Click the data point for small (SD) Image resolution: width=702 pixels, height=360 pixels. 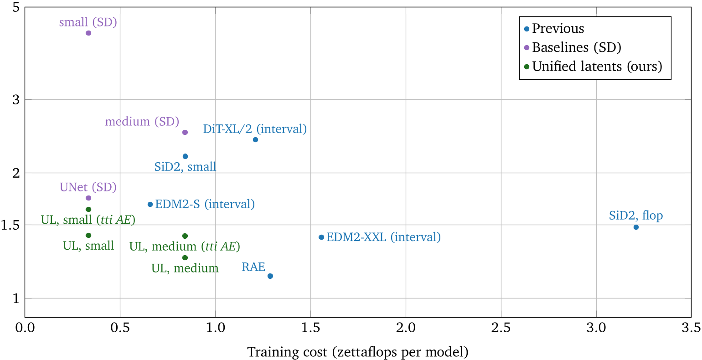pos(88,33)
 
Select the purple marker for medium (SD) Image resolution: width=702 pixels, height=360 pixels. pos(185,132)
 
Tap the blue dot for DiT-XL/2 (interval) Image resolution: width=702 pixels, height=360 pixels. pos(255,139)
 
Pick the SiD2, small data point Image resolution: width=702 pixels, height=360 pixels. pos(185,156)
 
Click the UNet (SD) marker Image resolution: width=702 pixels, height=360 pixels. pos(88,198)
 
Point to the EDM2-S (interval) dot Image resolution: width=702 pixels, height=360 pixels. pos(150,204)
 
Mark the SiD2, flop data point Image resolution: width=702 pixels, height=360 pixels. pos(636,227)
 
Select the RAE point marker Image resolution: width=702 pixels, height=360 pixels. pos(270,276)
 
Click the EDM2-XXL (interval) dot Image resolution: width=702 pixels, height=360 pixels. pos(321,237)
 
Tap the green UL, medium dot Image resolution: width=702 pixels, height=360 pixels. pos(185,257)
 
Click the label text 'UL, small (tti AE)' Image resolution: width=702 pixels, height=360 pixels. pos(88,220)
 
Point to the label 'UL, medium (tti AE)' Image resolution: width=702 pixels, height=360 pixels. pos(185,247)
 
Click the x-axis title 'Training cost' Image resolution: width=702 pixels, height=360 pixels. pos(358,352)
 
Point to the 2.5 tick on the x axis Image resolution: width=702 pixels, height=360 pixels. pos(501,328)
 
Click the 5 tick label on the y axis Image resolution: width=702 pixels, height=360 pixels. pos(16,8)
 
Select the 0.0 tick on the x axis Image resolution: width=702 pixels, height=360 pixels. pos(25,328)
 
